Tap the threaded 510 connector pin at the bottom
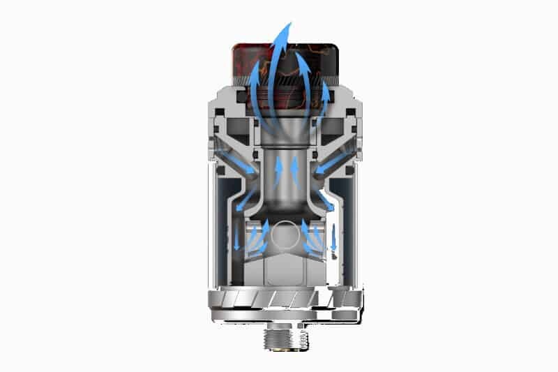pyautogui.click(x=285, y=338)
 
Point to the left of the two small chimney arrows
pyautogui.click(x=276, y=168)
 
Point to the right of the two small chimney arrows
pyautogui.click(x=294, y=168)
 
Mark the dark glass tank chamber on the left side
pyautogui.click(x=227, y=223)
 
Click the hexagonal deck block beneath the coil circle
pyautogui.click(x=285, y=269)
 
